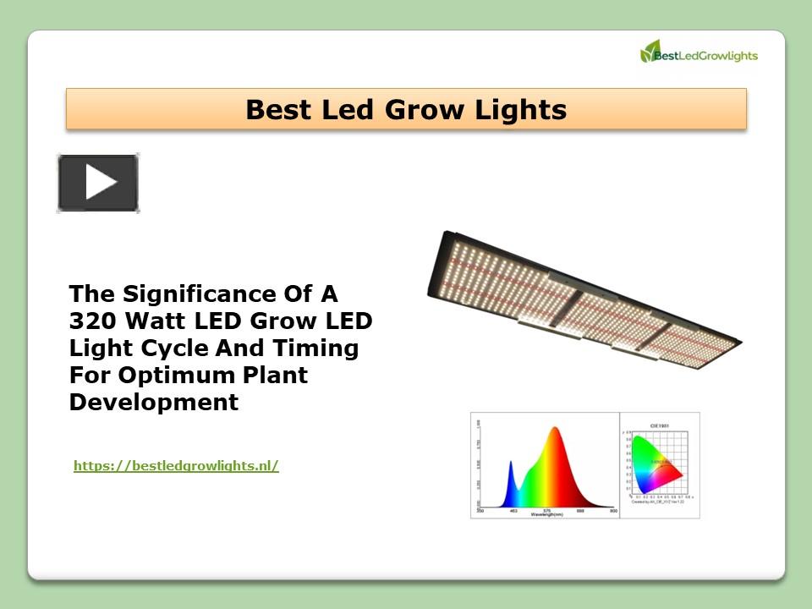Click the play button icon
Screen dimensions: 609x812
(x=98, y=183)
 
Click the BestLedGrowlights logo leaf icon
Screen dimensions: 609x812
(x=650, y=52)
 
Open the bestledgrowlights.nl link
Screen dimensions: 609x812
(x=176, y=465)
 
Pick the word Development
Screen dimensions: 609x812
(x=154, y=403)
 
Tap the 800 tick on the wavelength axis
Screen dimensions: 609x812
(x=613, y=511)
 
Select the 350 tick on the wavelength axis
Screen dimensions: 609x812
(x=480, y=511)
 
